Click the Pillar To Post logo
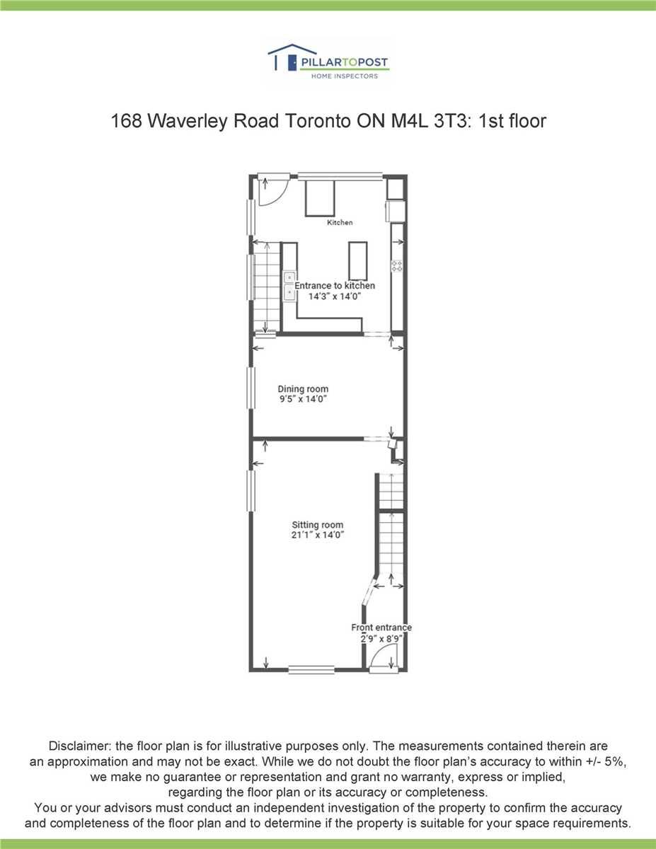coord(328,62)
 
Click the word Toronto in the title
coord(317,121)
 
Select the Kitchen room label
coord(340,222)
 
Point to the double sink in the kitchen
coord(289,287)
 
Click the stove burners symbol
coord(397,266)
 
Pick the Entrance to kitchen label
coord(335,286)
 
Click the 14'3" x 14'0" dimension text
coord(335,296)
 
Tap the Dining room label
coord(303,388)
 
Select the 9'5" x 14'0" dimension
coord(303,399)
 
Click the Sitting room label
coord(317,525)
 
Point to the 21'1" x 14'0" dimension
coord(317,535)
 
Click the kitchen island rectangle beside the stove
coord(358,260)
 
